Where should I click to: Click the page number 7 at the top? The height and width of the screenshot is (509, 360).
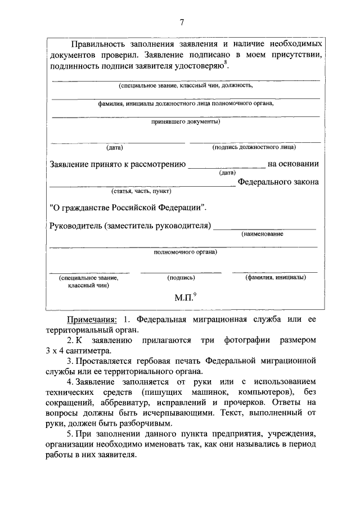tap(182, 22)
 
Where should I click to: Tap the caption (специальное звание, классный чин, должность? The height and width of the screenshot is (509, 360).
tap(186, 86)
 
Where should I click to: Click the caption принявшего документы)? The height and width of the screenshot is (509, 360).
tap(186, 121)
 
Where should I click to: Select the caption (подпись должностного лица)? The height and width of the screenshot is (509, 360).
tap(254, 147)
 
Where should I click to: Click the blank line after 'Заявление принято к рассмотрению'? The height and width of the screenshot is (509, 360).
tap(226, 165)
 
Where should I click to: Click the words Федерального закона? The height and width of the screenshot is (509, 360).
tap(278, 182)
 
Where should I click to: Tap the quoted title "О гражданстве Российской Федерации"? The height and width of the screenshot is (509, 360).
tap(128, 207)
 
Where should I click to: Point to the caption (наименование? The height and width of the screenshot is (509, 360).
tap(263, 233)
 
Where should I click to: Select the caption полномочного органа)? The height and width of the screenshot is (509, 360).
tap(186, 252)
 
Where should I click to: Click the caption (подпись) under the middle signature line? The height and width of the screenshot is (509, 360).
tap(181, 278)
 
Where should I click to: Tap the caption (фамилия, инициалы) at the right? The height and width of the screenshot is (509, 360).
tap(276, 277)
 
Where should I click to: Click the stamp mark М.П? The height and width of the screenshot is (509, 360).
tap(184, 298)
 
